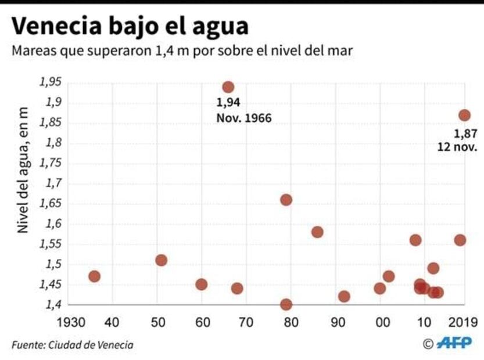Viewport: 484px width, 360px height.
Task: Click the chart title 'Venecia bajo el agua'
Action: [130, 26]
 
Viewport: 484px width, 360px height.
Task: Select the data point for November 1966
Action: [228, 87]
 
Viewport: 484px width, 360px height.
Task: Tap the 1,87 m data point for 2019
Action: [464, 115]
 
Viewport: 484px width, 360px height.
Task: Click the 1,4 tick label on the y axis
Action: [53, 305]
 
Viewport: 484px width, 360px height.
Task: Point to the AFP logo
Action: [454, 344]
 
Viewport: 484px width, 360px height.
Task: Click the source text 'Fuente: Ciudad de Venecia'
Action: [72, 345]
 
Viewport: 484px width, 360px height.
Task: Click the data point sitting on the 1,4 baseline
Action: [286, 304]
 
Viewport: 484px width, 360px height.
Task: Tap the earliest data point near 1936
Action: [94, 276]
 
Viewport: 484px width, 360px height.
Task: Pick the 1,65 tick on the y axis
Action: [51, 204]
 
